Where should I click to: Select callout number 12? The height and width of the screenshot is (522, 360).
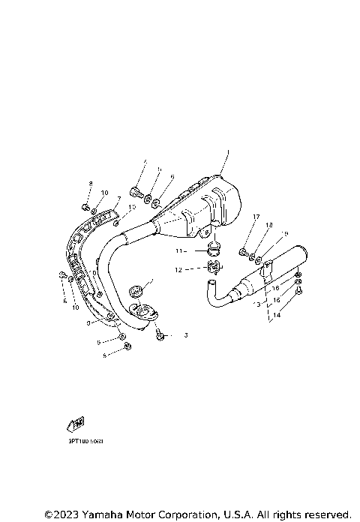pos(179,269)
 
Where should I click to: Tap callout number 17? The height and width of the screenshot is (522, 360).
pos(256,217)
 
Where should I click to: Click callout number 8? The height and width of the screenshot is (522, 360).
pos(90,184)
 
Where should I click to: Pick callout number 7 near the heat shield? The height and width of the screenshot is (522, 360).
pos(118,199)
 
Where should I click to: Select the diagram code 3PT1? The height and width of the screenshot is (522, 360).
pos(83,441)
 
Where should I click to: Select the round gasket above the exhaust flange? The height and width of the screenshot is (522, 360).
pos(137,288)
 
